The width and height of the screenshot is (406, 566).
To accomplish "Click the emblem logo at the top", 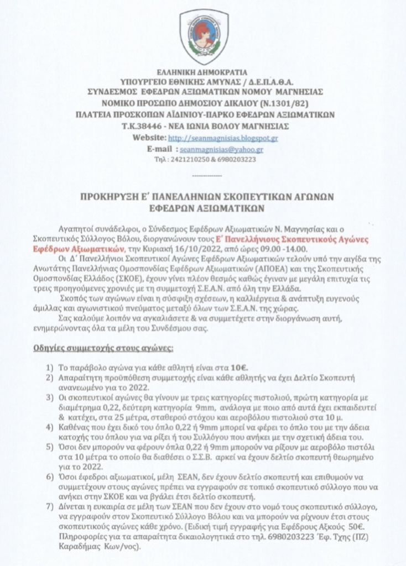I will coord(202,36).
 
